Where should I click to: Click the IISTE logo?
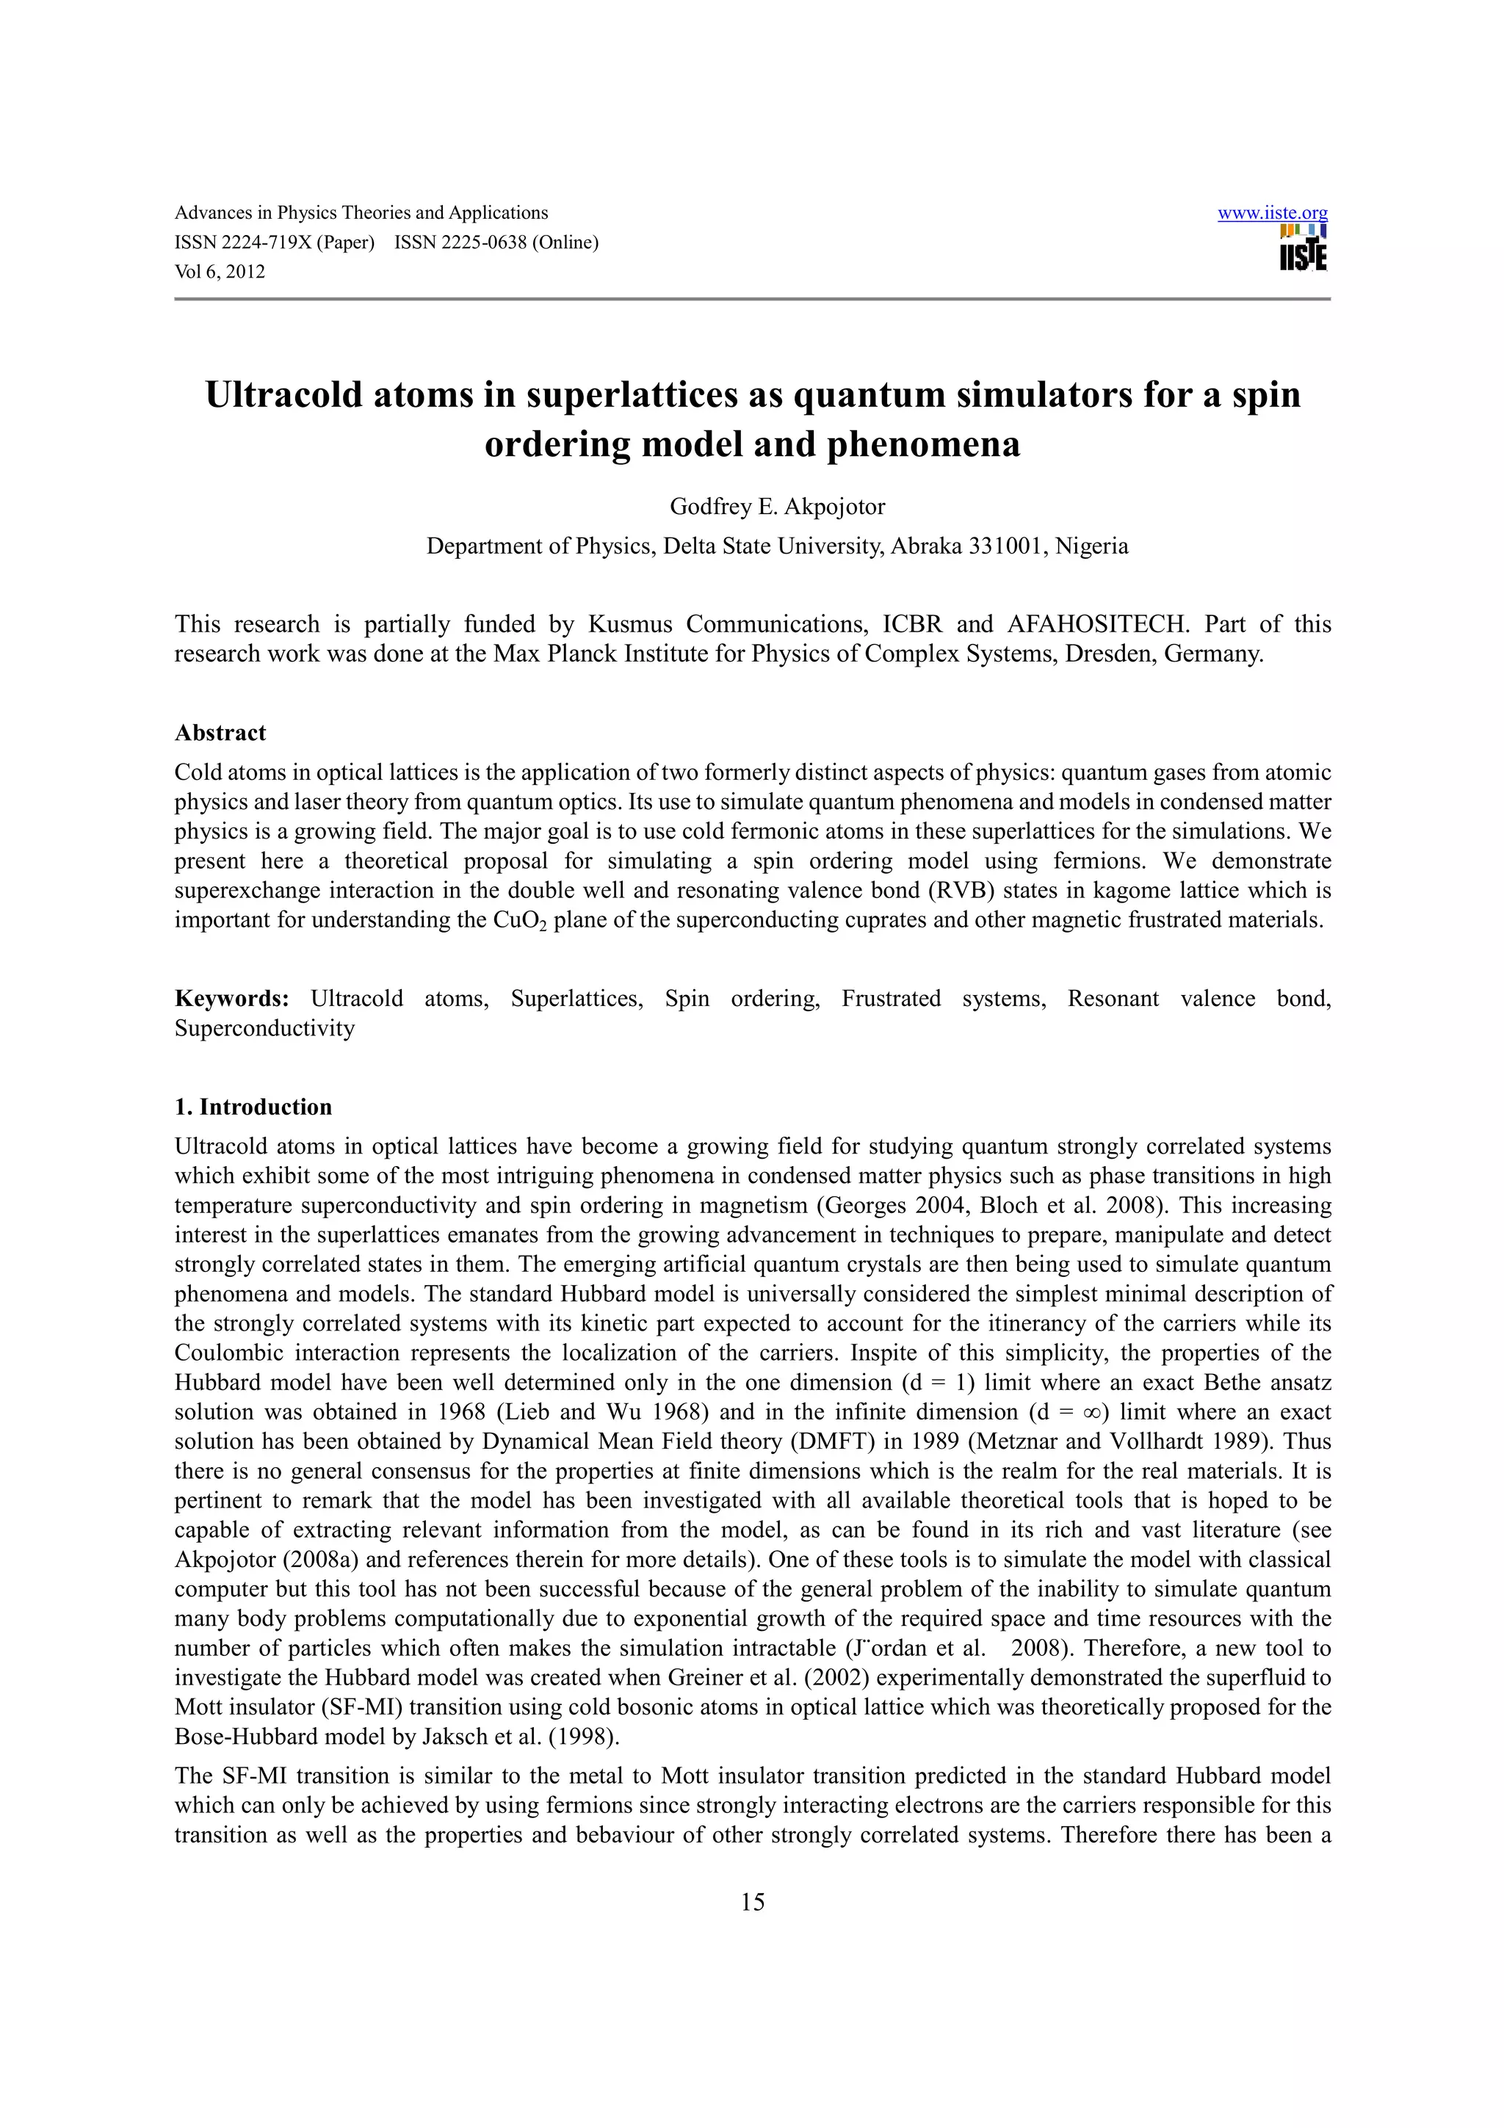[1303, 248]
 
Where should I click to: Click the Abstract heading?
[220, 732]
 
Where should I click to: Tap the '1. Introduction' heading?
[253, 1107]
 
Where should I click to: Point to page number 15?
[753, 1902]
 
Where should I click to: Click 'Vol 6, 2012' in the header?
[220, 272]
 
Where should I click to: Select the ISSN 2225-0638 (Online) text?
[496, 243]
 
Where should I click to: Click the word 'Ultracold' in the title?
[283, 395]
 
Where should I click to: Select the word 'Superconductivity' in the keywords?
[265, 1028]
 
